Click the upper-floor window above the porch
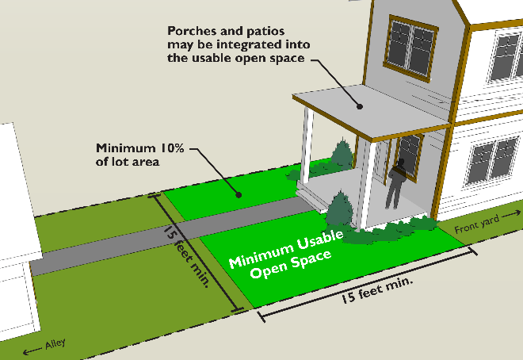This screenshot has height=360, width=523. point(409,42)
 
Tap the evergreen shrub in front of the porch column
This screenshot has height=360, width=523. point(340,209)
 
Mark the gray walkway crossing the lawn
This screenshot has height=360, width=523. point(158,237)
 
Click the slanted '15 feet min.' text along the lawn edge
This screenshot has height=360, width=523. point(188,256)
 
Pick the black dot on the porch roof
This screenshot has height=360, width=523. point(359,106)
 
